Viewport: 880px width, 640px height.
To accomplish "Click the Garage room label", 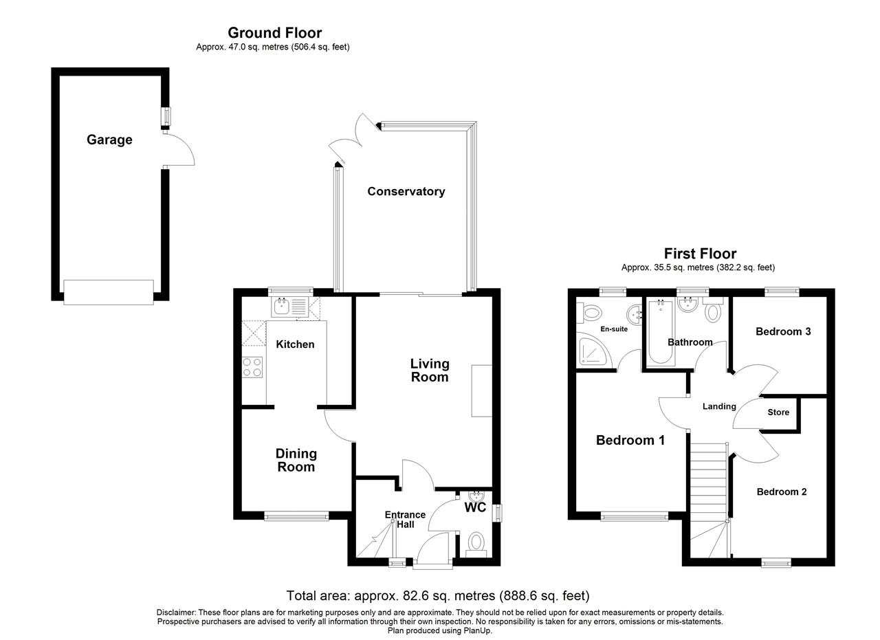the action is point(109,140).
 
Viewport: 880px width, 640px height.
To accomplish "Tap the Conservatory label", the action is point(406,191).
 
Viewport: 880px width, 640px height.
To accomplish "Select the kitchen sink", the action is point(290,307).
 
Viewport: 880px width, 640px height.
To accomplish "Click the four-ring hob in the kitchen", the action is point(252,367).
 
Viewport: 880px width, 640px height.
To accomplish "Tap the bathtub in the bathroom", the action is point(661,332).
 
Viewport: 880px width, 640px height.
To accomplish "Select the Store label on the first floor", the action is point(778,412).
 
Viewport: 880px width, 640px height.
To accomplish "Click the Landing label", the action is point(719,406).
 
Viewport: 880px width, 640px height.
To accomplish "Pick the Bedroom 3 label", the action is point(783,331).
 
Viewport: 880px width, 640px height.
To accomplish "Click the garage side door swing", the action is point(179,149).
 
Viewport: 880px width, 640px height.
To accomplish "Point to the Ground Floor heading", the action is point(274,32).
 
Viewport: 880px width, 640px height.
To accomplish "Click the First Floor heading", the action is point(700,254).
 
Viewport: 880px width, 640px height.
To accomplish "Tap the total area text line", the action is point(438,596).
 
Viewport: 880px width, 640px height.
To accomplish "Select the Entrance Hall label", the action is point(405,520).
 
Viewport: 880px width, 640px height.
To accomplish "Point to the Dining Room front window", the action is point(296,516).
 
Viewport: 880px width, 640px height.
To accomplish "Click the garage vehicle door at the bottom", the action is point(109,292).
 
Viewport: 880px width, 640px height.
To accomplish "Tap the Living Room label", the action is point(430,370).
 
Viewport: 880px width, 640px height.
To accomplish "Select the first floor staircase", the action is point(709,500).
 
